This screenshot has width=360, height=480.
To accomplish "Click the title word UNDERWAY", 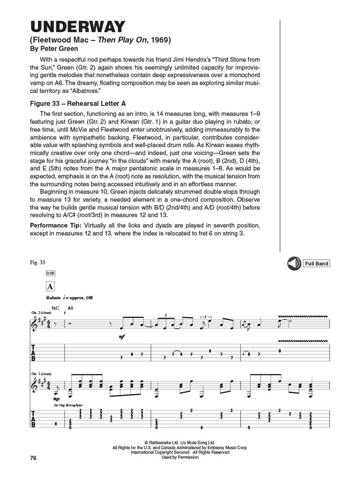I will [78, 27].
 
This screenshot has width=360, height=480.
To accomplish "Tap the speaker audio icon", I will [294, 263].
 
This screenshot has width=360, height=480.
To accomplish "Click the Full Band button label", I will [316, 263].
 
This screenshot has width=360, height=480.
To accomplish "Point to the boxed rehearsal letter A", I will [50, 286].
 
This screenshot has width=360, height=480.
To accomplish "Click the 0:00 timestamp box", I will [50, 273].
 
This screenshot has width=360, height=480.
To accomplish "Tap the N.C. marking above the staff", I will [56, 308].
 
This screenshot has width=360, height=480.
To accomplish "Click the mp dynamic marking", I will [57, 399].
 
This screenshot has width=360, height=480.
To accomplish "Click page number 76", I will [32, 458].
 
